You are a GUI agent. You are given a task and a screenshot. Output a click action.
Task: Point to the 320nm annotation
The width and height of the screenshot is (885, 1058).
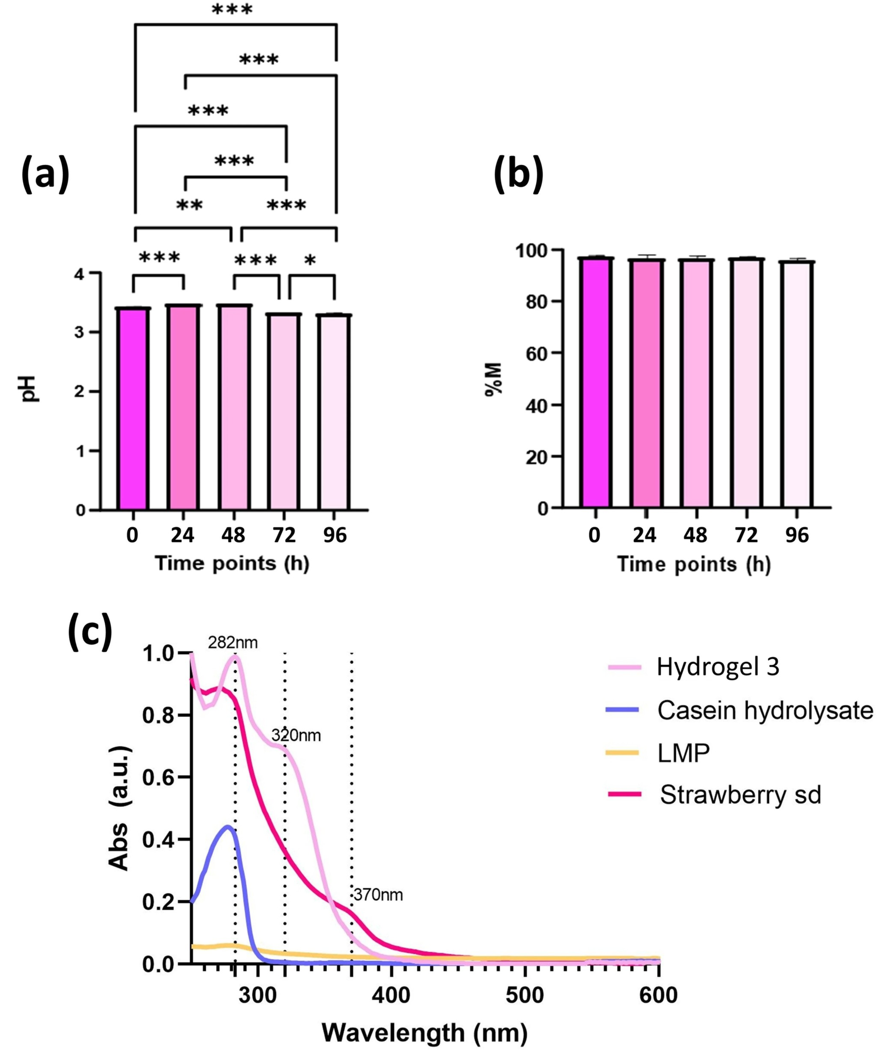[296, 736]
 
